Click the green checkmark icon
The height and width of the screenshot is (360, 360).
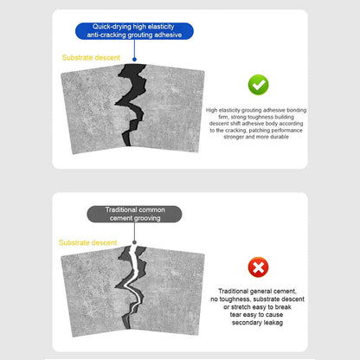[258, 85]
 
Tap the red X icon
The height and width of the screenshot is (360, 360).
[258, 267]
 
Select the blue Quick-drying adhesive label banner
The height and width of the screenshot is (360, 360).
[134, 30]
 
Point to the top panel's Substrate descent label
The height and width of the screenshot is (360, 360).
[90, 58]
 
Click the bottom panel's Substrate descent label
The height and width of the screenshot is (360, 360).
[87, 243]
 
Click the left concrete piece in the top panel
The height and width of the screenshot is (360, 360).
[91, 108]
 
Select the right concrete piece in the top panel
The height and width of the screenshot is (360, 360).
[173, 104]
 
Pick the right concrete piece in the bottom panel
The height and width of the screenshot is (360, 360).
[173, 286]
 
